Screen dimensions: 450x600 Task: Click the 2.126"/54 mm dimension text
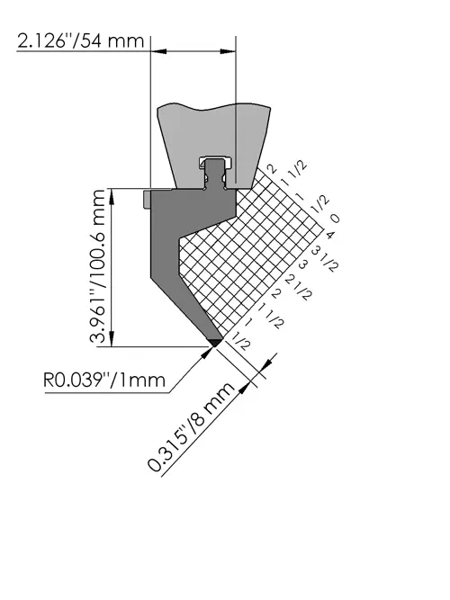pos(81,41)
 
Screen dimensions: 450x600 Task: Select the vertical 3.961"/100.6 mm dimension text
pos(97,266)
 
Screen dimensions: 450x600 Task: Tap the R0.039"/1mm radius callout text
pos(104,381)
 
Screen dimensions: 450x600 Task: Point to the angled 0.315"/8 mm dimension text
pos(190,426)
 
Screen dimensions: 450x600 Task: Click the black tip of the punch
pos(215,342)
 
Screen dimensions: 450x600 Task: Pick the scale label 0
pos(335,219)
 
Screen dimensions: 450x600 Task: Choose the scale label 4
pos(329,234)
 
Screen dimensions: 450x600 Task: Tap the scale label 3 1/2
pos(325,259)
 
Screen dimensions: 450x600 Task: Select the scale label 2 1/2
pos(299,288)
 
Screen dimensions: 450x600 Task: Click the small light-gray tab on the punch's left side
pos(147,199)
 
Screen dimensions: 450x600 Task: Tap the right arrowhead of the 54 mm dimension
pos(228,51)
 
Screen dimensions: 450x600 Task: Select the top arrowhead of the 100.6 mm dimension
pos(112,197)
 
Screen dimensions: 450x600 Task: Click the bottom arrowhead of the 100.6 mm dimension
pos(112,339)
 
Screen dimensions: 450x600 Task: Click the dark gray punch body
pos(184,245)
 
